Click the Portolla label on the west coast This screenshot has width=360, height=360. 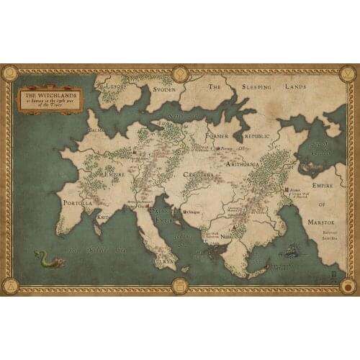click(x=78, y=203)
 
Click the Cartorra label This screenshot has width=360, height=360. click(x=197, y=175)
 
